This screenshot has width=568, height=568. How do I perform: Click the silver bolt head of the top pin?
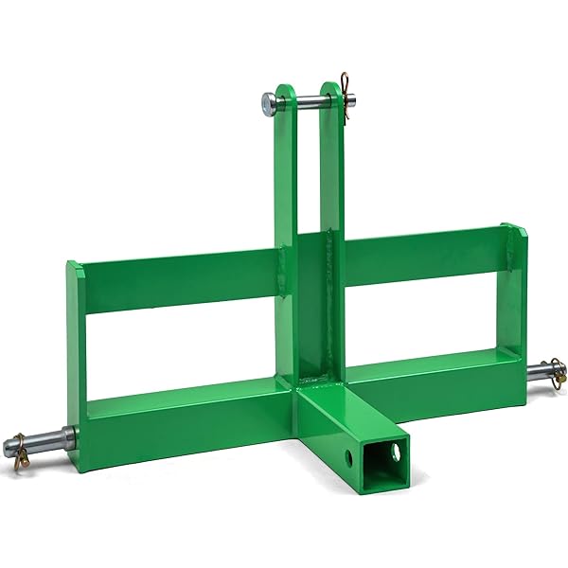click(x=268, y=101)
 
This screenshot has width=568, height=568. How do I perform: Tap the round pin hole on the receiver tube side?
click(x=351, y=458)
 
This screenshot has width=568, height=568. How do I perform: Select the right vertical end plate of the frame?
click(x=512, y=293)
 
